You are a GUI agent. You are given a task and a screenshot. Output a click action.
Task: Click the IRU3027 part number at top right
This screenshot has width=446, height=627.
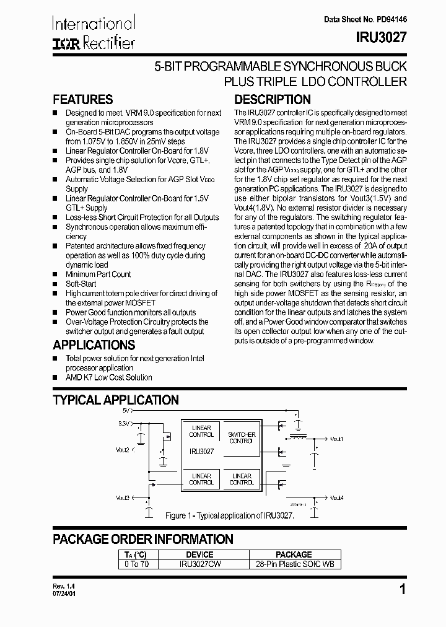[x=381, y=37]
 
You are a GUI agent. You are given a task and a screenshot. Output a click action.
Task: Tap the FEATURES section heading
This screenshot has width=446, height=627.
[x=83, y=100]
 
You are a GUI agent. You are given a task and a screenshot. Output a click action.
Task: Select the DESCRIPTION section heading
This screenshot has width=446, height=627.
[x=272, y=100]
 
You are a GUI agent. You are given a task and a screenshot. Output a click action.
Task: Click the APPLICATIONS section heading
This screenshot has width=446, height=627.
[x=94, y=345]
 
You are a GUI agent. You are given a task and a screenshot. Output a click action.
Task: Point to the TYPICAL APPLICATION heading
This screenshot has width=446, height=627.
[x=116, y=400]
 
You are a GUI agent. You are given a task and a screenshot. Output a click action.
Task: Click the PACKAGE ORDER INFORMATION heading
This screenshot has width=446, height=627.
[x=143, y=539]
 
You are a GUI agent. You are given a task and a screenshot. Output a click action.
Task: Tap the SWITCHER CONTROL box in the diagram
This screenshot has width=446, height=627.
[x=241, y=437]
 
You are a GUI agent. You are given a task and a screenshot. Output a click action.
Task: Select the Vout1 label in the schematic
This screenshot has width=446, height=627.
[x=336, y=439]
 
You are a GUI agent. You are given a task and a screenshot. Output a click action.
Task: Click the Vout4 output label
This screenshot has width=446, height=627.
[x=336, y=498]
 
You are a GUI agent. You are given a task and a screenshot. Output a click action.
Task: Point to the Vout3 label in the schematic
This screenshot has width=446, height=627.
[x=122, y=497]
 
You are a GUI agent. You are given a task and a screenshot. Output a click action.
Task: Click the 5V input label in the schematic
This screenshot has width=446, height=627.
[x=126, y=411]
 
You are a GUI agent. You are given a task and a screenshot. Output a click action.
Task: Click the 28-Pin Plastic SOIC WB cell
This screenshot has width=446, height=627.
[x=294, y=564]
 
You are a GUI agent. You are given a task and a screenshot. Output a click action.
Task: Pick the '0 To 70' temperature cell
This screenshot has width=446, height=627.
[x=136, y=564]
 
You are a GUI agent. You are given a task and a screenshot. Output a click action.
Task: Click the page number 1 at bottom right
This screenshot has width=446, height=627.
[x=403, y=590]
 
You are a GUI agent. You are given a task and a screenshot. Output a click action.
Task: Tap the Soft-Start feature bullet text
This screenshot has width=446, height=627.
[x=81, y=284]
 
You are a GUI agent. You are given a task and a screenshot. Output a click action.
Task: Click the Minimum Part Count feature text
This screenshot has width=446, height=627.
[x=98, y=274]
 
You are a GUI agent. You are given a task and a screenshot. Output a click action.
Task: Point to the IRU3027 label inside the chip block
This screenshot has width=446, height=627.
[x=201, y=452]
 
